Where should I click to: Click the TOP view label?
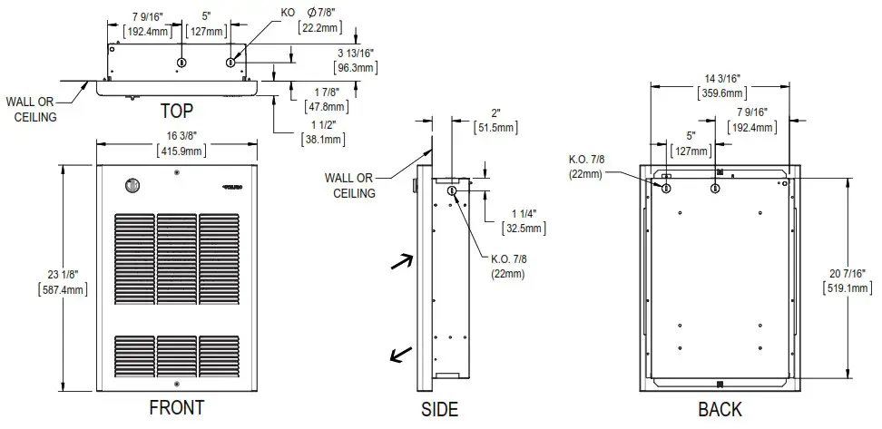coord(176,111)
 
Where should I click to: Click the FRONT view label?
coord(176,408)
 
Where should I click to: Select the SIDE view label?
coord(439,409)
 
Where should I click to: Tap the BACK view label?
coord(720,409)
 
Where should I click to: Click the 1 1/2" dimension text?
coord(323,132)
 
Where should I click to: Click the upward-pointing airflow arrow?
coord(398,262)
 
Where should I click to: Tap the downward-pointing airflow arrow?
coord(398,355)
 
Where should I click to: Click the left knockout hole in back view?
coord(667,188)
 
